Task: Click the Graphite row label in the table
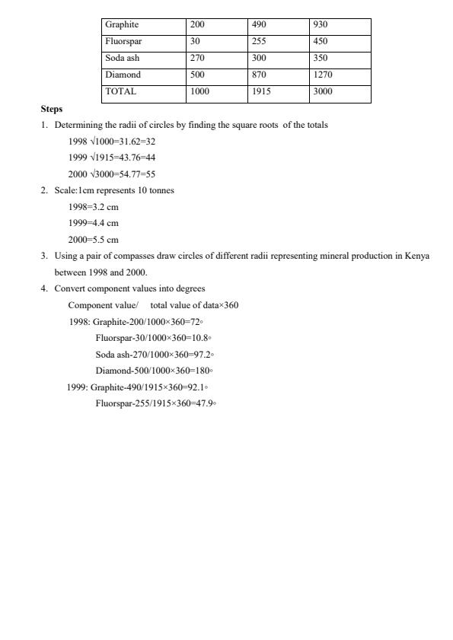(122, 25)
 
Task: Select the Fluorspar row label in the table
(123, 42)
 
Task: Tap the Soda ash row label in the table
(122, 59)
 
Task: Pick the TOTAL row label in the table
(121, 91)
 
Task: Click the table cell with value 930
(321, 25)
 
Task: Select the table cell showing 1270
(323, 75)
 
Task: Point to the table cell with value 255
(259, 42)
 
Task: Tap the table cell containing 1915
(261, 91)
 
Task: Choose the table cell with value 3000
(323, 91)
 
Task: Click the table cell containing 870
(259, 75)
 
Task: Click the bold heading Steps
(52, 109)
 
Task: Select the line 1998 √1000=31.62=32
(112, 141)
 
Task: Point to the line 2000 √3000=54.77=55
(112, 174)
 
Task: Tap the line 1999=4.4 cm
(94, 223)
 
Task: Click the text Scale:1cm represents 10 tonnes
(114, 190)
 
